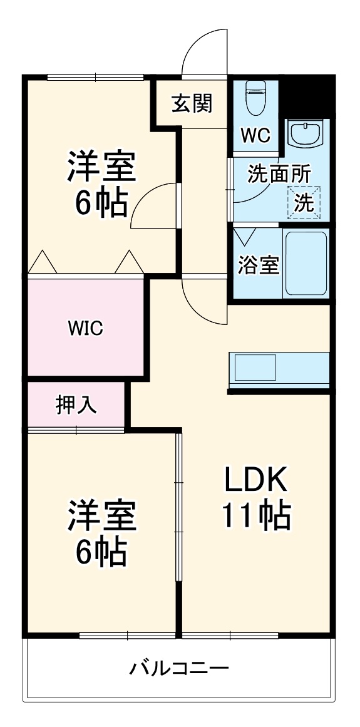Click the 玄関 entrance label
click(192, 103)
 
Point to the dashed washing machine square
click(304, 202)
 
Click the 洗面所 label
click(279, 174)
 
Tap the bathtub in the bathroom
click(306, 263)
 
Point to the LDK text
click(255, 480)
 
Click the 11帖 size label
click(255, 517)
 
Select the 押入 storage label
click(76, 405)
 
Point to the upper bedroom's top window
click(95, 78)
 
